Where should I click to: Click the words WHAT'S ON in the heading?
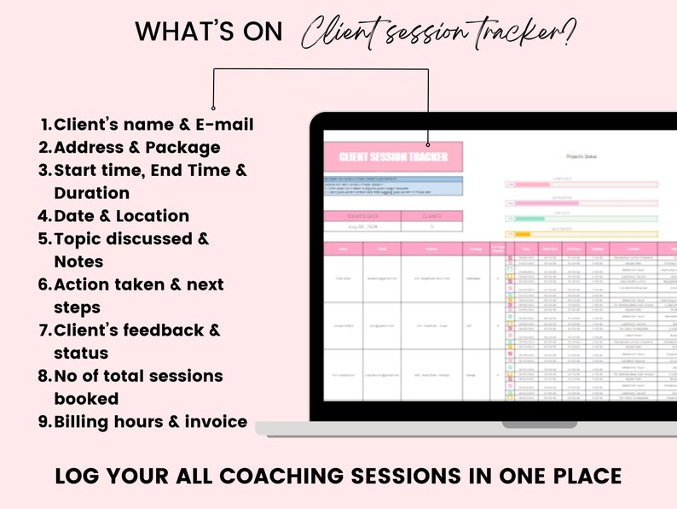click(209, 32)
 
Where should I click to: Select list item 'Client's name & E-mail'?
click(153, 125)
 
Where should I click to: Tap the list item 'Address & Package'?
click(136, 148)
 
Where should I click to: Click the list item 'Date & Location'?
click(121, 216)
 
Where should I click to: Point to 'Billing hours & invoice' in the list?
click(151, 421)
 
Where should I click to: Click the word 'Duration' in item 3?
click(91, 193)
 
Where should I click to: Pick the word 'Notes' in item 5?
click(78, 261)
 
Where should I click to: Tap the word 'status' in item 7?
click(81, 353)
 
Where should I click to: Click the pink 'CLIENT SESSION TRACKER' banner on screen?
click(392, 157)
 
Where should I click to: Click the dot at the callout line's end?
click(427, 144)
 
